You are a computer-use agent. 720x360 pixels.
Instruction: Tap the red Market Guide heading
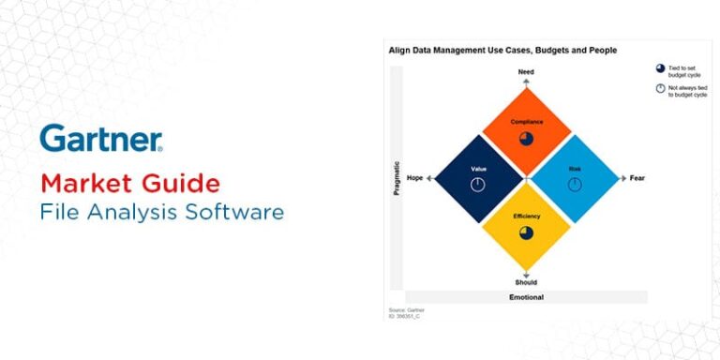click(130, 182)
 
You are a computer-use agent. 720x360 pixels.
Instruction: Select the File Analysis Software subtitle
click(161, 212)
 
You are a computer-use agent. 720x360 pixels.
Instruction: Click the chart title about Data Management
click(502, 50)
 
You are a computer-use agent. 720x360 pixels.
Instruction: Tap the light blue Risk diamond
click(575, 178)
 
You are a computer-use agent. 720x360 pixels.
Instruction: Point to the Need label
click(526, 71)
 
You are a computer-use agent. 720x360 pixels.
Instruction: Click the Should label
click(526, 282)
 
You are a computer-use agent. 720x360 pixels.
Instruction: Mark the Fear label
click(637, 178)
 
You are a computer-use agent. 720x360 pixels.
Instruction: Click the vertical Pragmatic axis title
click(397, 178)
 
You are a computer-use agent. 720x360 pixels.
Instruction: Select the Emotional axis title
click(526, 297)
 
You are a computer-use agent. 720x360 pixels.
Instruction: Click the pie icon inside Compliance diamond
click(526, 138)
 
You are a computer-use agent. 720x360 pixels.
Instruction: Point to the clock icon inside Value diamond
click(477, 185)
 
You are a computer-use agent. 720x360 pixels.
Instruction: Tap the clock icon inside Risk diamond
click(575, 185)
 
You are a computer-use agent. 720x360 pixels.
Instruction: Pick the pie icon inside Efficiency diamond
click(526, 232)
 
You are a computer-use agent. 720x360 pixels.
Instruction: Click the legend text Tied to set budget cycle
click(685, 69)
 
